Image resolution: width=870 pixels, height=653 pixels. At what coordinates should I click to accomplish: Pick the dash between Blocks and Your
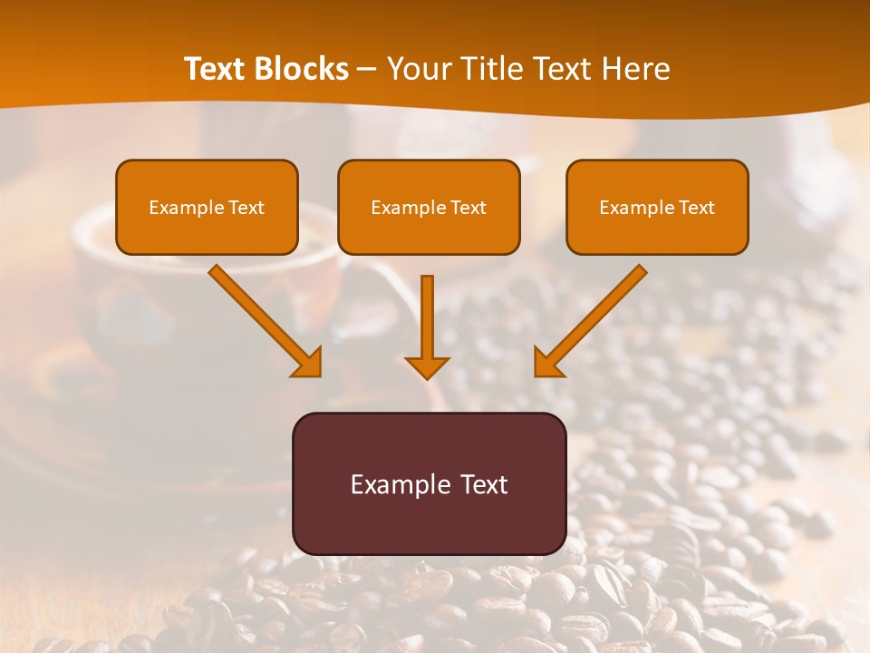[366, 70]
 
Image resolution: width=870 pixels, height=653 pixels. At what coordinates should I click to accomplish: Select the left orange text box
[207, 207]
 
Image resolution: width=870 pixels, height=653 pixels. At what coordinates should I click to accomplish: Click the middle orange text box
[429, 207]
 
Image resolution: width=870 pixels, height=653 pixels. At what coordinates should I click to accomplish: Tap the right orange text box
[657, 207]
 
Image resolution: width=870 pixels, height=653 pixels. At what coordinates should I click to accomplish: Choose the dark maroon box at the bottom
[429, 483]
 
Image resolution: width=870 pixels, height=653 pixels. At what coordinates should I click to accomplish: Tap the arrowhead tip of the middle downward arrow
[428, 375]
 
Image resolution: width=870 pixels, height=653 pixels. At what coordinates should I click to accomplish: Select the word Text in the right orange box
[696, 208]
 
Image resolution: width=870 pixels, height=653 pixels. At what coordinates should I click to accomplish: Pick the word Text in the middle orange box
[468, 208]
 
